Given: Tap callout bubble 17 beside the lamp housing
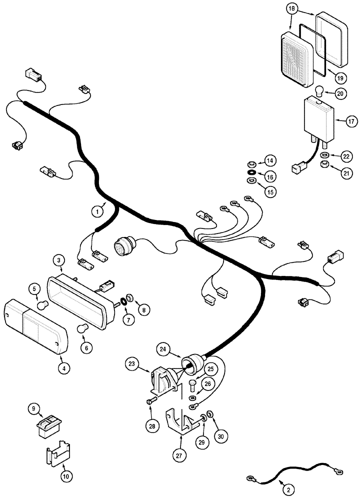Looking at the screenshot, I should click(x=338, y=120).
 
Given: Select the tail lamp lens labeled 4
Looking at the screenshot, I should click(x=35, y=327).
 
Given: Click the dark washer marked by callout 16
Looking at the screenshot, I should click(x=251, y=173).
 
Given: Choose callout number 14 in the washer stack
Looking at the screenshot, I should click(x=269, y=161).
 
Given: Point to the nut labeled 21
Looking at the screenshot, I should click(x=324, y=164).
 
